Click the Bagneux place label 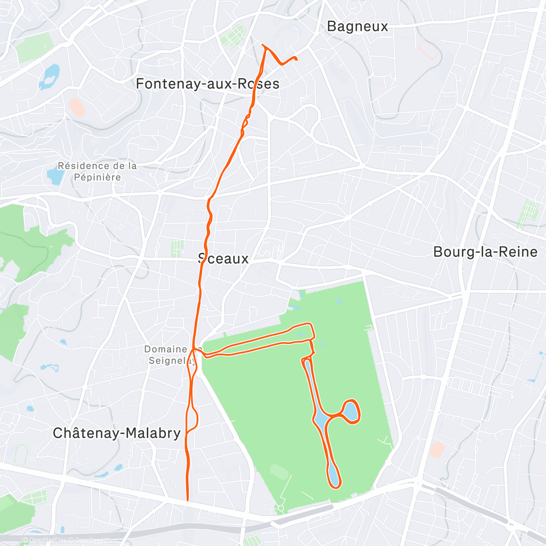click(358, 26)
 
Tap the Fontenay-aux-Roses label click(207, 84)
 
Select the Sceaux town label click(224, 259)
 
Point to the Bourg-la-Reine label click(485, 252)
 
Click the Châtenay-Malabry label click(117, 433)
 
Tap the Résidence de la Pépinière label click(97, 172)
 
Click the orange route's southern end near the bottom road click(187, 500)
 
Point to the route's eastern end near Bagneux click(296, 58)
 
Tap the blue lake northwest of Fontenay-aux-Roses click(50, 76)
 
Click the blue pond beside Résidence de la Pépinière click(54, 175)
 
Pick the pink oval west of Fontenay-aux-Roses click(76, 107)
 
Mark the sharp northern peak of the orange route click(263, 45)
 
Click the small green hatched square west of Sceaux click(177, 248)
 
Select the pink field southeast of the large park click(437, 450)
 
